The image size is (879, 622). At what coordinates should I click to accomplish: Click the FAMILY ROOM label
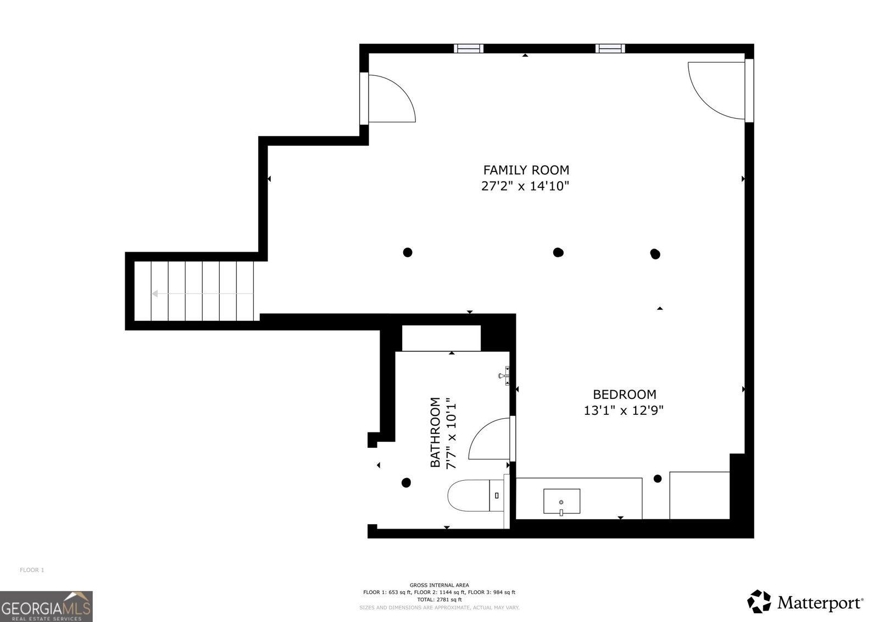point(526,170)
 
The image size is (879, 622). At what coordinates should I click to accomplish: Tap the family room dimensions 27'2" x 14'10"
point(525,186)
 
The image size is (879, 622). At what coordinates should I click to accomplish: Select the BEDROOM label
point(624,394)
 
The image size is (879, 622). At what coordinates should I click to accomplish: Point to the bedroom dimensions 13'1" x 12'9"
point(624,410)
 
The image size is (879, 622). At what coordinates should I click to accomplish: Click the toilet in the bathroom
point(476,495)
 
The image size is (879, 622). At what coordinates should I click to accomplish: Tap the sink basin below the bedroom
point(561,501)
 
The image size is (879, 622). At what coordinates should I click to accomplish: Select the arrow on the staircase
point(203,293)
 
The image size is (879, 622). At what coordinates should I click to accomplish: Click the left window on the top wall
point(469,48)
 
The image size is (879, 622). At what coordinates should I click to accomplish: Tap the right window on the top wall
point(610,48)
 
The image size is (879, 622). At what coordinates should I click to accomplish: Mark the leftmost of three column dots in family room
point(408,252)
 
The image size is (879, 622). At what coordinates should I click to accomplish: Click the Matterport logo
point(805,601)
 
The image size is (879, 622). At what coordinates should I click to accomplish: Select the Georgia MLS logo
point(46,606)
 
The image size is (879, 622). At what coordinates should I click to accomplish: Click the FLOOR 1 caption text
point(32,570)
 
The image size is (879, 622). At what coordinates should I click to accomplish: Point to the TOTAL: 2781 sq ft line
point(439,599)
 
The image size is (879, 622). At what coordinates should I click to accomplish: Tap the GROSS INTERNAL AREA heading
point(439,585)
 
